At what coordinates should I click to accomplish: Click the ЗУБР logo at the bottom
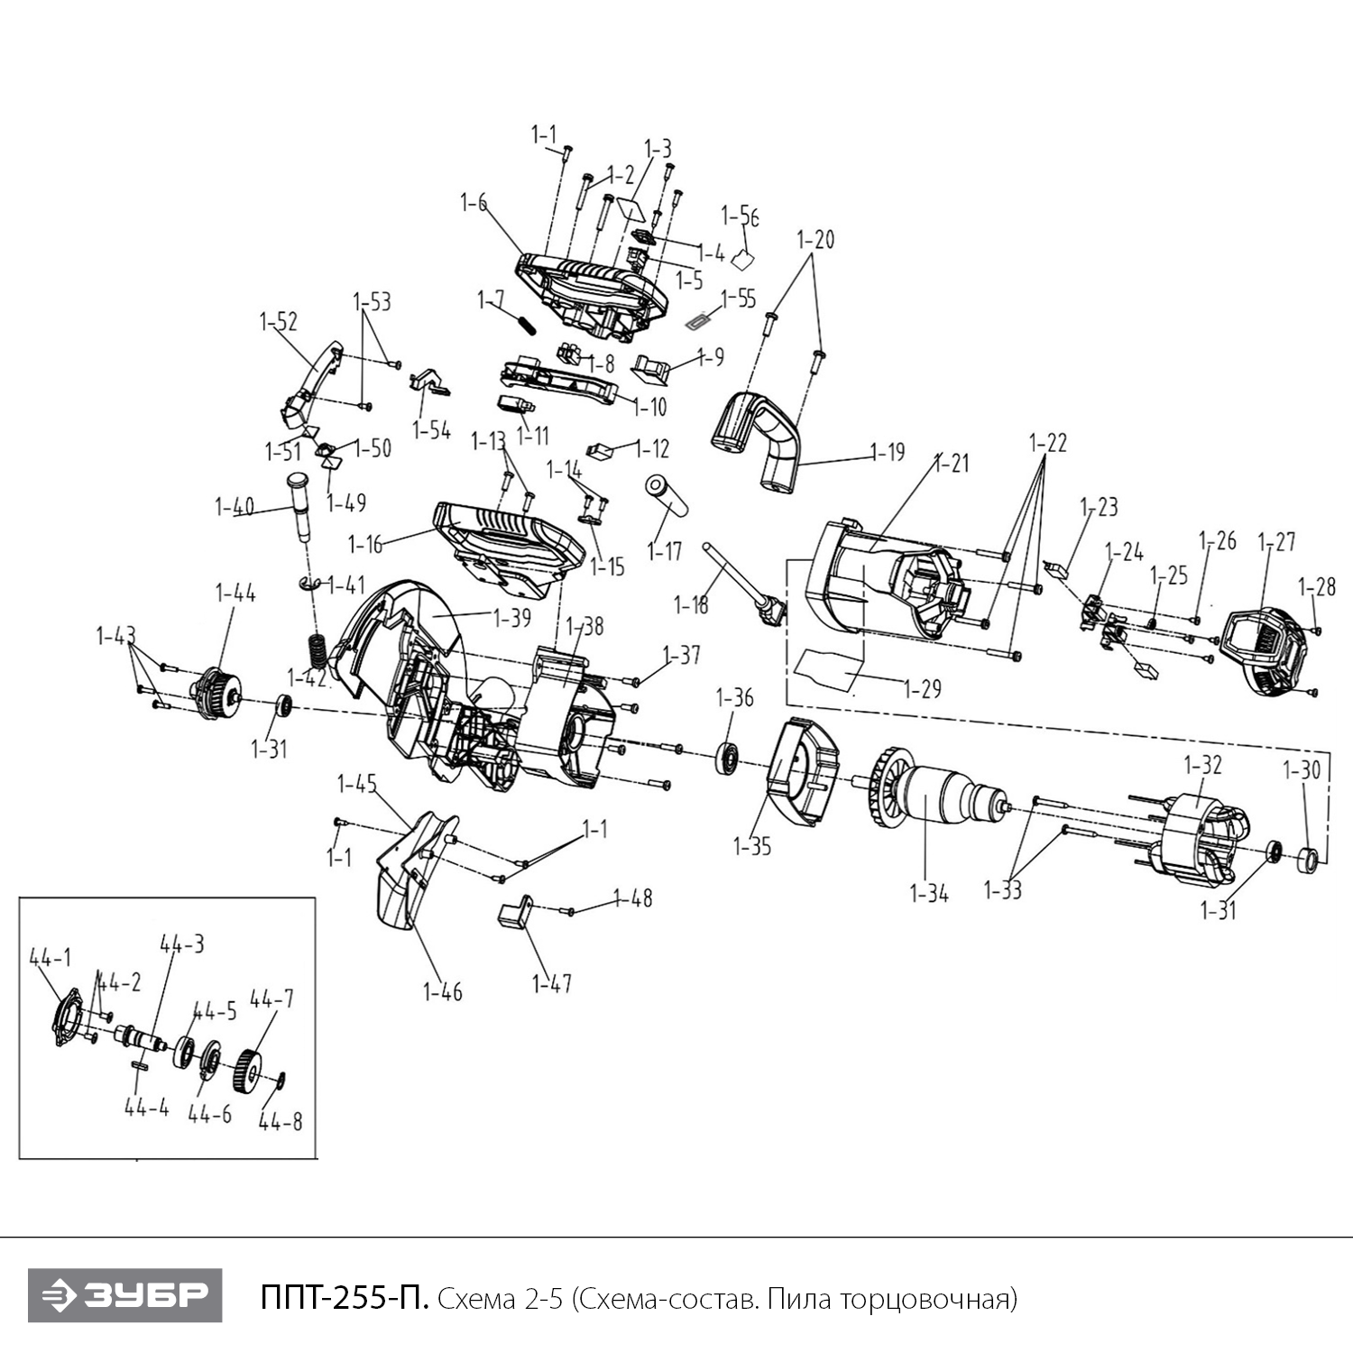(124, 1295)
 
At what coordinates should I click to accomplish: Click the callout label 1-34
(929, 894)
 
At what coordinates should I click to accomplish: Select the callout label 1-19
(888, 451)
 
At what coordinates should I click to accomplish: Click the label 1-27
(1276, 541)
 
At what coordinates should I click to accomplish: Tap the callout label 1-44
(235, 593)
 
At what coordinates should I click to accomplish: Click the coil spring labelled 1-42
(318, 649)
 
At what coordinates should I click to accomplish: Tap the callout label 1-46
(442, 992)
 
